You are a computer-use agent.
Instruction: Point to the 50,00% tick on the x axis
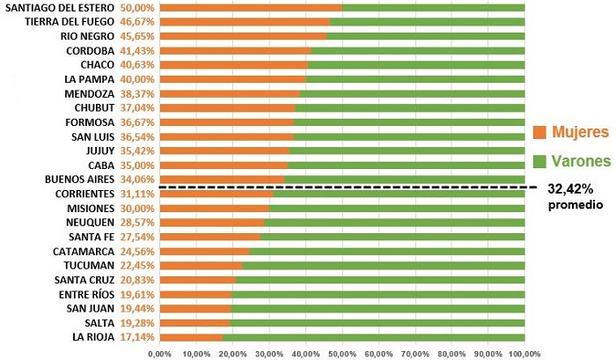(342, 353)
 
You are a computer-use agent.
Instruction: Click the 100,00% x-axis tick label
(524, 353)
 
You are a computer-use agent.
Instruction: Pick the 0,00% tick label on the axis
(160, 353)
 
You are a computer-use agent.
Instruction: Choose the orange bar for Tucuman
(201, 265)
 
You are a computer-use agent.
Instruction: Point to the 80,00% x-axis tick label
(451, 353)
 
